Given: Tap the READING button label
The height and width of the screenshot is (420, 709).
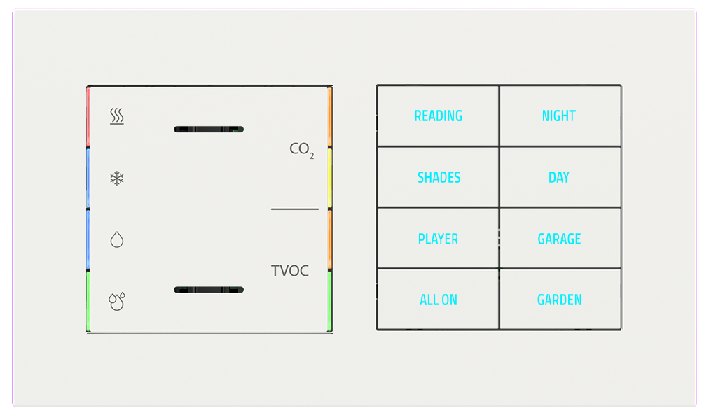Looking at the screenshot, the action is click(439, 116).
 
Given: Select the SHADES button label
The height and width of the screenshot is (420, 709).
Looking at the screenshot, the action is click(439, 178).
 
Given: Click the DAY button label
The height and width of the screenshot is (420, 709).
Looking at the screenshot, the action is click(559, 178).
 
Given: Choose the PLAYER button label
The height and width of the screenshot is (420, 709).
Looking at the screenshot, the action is click(438, 239).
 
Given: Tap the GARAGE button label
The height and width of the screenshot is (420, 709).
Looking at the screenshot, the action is click(559, 239).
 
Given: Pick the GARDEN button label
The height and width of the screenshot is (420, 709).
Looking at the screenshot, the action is click(559, 300).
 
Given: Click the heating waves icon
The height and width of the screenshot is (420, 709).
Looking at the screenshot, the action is click(117, 116).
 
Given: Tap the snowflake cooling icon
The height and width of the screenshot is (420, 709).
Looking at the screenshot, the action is click(117, 178).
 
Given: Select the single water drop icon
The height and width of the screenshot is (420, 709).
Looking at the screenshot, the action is click(117, 240).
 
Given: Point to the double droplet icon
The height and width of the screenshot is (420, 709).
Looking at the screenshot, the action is click(117, 301).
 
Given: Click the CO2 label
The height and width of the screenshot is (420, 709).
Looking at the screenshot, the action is click(301, 149).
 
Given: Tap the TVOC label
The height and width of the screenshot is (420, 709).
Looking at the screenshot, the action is click(290, 271).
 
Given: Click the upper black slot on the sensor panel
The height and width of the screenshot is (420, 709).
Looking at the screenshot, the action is click(208, 129).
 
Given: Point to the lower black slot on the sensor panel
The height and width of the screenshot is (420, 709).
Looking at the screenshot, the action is click(208, 290).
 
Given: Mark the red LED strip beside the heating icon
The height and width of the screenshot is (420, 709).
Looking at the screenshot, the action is click(88, 116).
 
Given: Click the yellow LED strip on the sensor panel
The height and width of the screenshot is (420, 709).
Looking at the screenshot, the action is click(329, 178).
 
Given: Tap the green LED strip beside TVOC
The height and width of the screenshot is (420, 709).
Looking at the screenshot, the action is click(329, 300).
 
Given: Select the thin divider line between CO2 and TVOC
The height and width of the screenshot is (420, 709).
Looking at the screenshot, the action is click(294, 209).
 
